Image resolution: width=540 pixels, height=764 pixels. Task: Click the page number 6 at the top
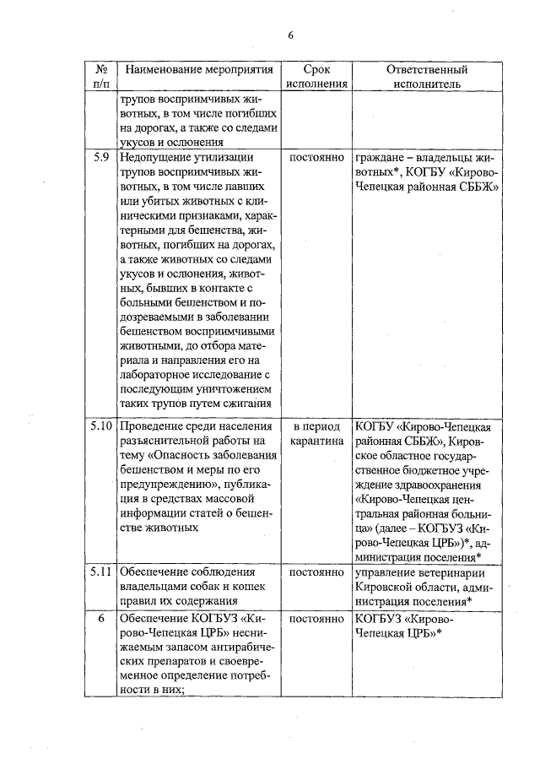click(290, 35)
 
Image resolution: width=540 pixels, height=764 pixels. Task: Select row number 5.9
click(100, 157)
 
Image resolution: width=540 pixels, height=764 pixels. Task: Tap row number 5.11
click(100, 572)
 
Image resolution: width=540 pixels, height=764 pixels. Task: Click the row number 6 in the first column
click(100, 618)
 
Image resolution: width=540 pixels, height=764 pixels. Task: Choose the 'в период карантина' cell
click(316, 433)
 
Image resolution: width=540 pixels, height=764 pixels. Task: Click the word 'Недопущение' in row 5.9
click(154, 157)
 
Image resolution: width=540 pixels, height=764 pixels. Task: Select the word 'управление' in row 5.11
click(387, 572)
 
